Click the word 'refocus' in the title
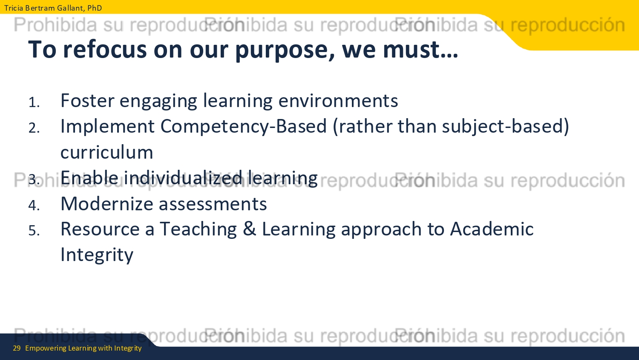click(104, 50)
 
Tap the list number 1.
click(34, 102)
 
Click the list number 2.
click(34, 128)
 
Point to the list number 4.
click(34, 205)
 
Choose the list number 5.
click(34, 230)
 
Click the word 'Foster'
click(87, 101)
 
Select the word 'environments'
click(338, 101)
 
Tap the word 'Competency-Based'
click(243, 127)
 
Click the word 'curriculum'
click(106, 152)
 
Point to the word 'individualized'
click(183, 178)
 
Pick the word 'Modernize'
click(107, 204)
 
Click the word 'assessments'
click(213, 204)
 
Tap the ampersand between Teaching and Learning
click(249, 229)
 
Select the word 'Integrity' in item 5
click(97, 255)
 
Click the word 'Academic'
click(492, 229)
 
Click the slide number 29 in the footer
click(17, 348)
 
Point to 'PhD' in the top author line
click(95, 8)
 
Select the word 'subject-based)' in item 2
click(506, 127)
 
